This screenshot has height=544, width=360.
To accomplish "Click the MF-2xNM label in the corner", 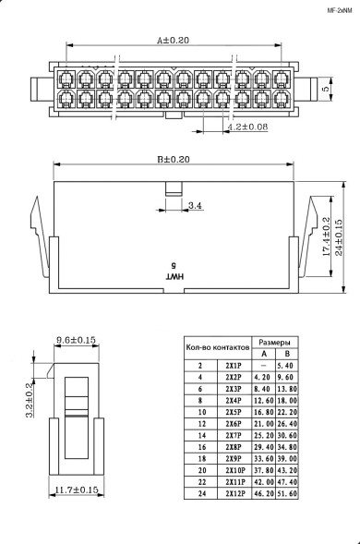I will (341, 10).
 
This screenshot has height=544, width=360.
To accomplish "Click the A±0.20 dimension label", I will (172, 41).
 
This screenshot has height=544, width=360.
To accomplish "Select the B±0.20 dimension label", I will (172, 159).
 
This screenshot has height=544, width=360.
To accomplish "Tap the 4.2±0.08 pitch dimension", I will (246, 126).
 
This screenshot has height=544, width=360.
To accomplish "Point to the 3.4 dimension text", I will (195, 204).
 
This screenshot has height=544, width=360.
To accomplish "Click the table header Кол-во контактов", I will (218, 347).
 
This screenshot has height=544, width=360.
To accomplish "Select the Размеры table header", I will (274, 341).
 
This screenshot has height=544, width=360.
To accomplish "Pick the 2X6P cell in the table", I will (234, 423).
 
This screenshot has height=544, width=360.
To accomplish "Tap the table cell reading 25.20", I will (263, 435).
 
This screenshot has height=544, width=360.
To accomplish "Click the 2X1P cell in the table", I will (234, 366).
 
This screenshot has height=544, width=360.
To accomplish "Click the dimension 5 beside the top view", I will (326, 89).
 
